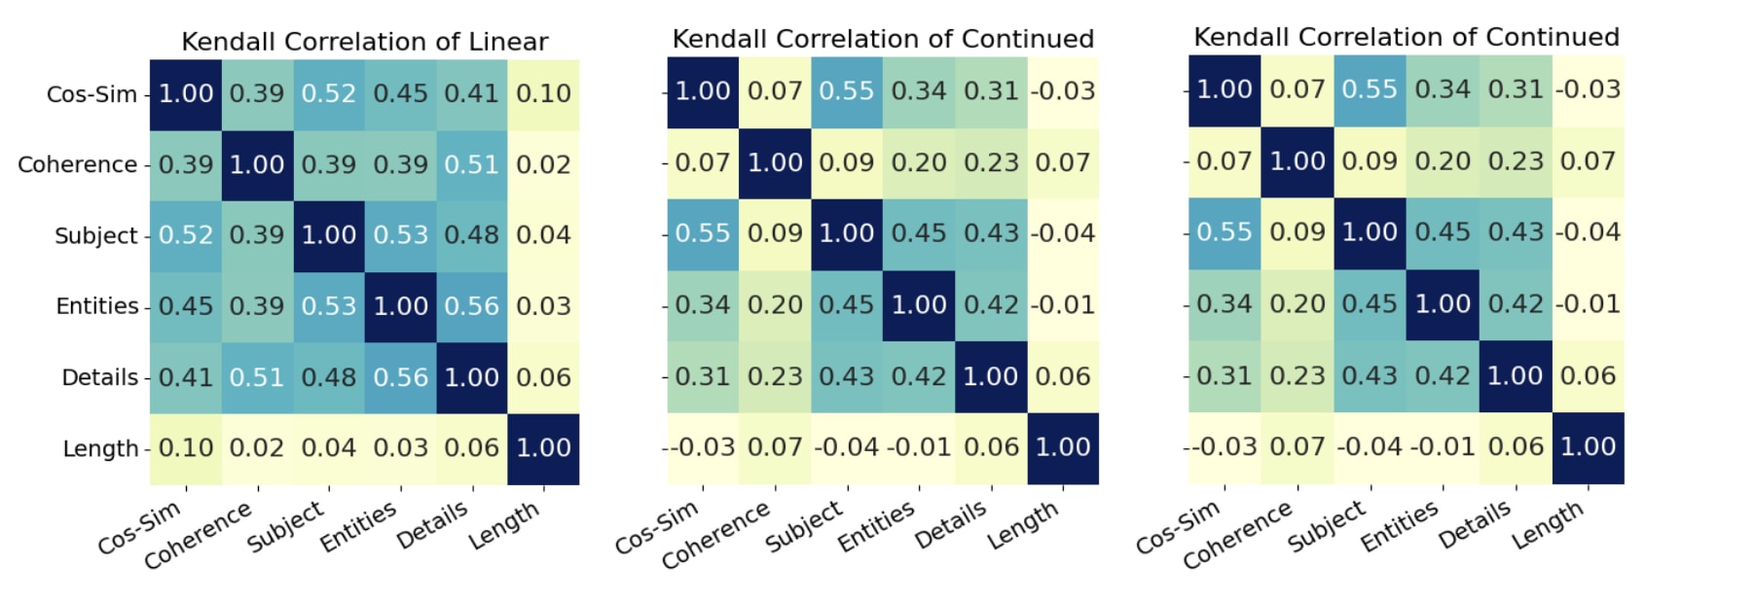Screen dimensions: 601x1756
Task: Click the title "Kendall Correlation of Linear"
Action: (364, 42)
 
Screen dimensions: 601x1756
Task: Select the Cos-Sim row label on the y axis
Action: (91, 94)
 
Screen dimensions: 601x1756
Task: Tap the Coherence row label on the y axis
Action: (77, 164)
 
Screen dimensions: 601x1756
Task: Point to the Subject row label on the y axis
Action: (95, 235)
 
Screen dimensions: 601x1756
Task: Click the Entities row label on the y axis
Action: (96, 306)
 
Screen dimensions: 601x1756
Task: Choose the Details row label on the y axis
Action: (99, 377)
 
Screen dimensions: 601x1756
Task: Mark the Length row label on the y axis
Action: (100, 448)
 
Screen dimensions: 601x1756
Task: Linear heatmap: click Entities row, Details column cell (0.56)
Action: (472, 306)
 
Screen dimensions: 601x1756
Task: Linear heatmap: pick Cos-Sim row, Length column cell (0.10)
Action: (543, 94)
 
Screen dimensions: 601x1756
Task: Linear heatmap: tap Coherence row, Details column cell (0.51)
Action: (472, 164)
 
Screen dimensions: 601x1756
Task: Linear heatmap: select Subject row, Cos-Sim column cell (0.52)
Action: (185, 235)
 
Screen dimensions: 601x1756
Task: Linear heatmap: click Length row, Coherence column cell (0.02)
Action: (257, 448)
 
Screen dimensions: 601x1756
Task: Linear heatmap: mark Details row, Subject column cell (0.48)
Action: (329, 377)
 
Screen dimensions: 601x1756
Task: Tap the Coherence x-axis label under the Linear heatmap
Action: (199, 536)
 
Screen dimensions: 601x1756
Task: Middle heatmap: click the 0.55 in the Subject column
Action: (847, 91)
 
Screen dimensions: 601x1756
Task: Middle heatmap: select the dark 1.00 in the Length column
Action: (1063, 447)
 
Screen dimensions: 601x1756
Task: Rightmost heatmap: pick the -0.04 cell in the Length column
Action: (1588, 232)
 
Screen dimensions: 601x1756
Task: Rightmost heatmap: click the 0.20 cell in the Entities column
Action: (1443, 161)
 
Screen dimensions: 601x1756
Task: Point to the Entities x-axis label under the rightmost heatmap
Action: (1399, 527)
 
